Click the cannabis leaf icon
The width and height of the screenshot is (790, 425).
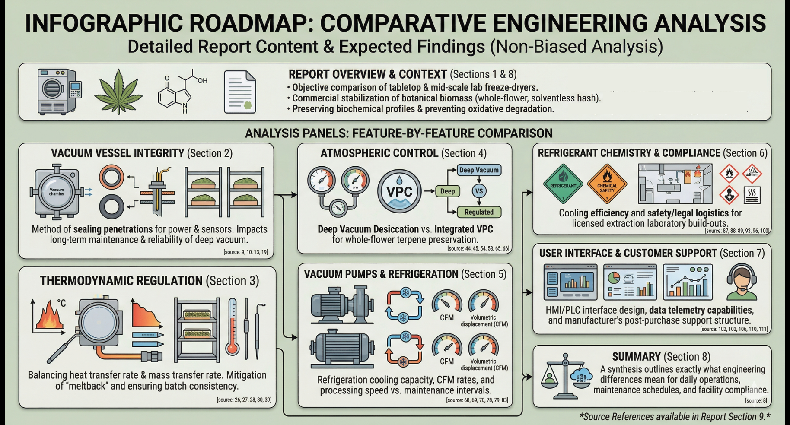tap(118, 92)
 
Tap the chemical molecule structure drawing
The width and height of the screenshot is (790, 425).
tap(182, 91)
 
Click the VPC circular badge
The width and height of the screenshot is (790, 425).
tap(399, 191)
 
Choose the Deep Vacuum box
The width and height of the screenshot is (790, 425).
tap(479, 170)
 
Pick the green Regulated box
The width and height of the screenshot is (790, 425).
tap(479, 212)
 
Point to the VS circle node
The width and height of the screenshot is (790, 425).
tap(479, 191)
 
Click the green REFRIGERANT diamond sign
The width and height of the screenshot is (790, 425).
tap(563, 184)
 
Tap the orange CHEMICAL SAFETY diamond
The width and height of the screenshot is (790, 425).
tap(607, 184)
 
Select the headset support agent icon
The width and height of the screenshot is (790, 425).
tap(742, 282)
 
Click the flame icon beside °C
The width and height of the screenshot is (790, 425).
tap(49, 317)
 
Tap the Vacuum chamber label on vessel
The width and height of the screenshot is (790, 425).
tap(57, 192)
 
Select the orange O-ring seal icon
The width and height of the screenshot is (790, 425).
tap(111, 177)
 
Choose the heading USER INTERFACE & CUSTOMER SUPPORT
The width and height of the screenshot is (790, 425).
tap(628, 253)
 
